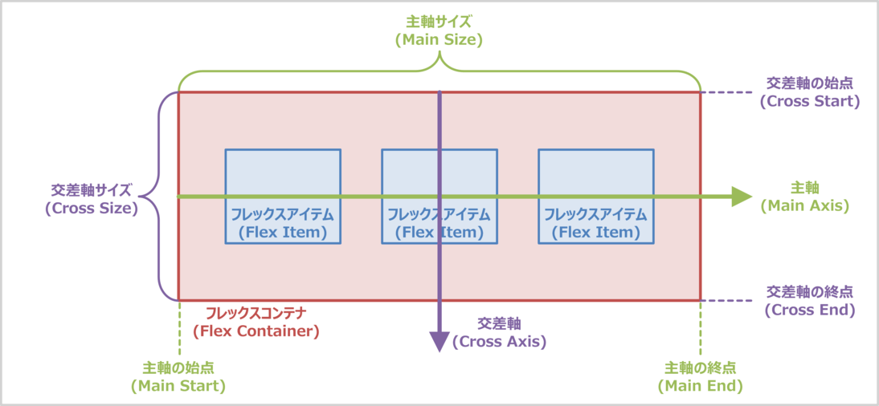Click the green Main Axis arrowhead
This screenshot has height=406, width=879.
[742, 197]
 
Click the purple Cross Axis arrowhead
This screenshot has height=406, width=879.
[439, 342]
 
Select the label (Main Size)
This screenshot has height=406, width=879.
[439, 39]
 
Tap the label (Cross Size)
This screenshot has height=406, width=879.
[91, 207]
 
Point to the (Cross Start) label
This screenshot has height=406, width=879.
[809, 102]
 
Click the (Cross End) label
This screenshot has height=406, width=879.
[809, 310]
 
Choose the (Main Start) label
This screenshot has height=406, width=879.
[178, 386]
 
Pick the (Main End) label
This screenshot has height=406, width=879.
[700, 386]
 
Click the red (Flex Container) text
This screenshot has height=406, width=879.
[256, 330]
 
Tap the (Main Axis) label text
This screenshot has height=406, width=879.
[805, 205]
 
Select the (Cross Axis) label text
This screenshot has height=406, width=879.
[499, 341]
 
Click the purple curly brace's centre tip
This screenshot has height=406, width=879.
[142, 196]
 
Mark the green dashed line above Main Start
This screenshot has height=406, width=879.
[178, 329]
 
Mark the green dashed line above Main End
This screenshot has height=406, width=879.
[700, 329]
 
